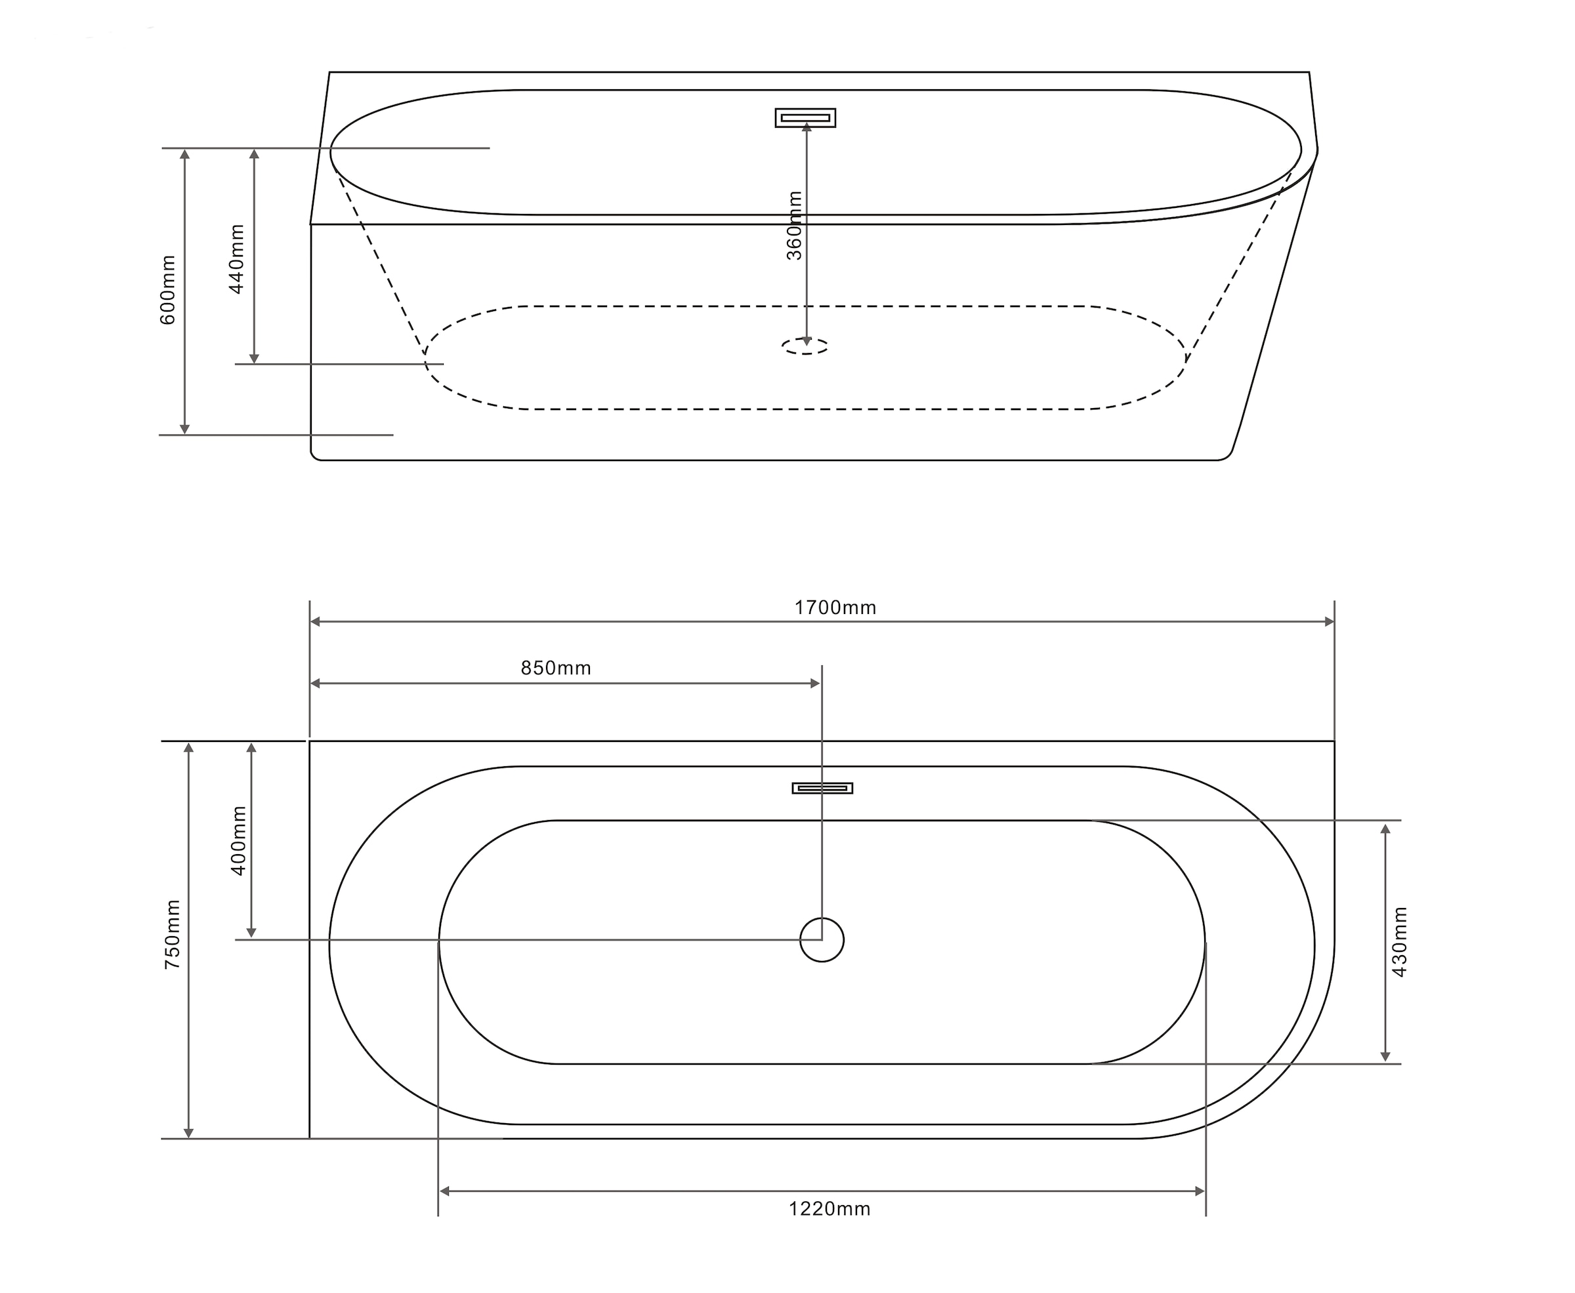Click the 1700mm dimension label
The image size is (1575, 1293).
(x=835, y=607)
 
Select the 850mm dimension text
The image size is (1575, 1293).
(x=556, y=668)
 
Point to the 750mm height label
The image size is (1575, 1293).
(x=172, y=934)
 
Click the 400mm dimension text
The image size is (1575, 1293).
(x=238, y=840)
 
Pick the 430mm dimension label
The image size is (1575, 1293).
(x=1399, y=941)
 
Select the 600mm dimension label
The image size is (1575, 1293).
(x=169, y=290)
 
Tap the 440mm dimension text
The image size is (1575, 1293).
(x=236, y=259)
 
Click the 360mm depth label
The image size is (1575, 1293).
(x=795, y=226)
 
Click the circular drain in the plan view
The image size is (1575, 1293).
(x=822, y=940)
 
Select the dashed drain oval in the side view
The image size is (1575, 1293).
(x=805, y=346)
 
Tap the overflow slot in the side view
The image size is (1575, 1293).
(x=805, y=117)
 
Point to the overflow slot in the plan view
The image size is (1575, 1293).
(x=822, y=788)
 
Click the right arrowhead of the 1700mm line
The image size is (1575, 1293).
(x=1329, y=622)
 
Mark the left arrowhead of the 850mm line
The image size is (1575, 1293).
(x=315, y=684)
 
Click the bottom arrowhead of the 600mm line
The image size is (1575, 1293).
(x=185, y=429)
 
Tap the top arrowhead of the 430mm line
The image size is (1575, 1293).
(x=1385, y=829)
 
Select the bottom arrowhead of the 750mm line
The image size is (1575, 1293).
(x=188, y=1133)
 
